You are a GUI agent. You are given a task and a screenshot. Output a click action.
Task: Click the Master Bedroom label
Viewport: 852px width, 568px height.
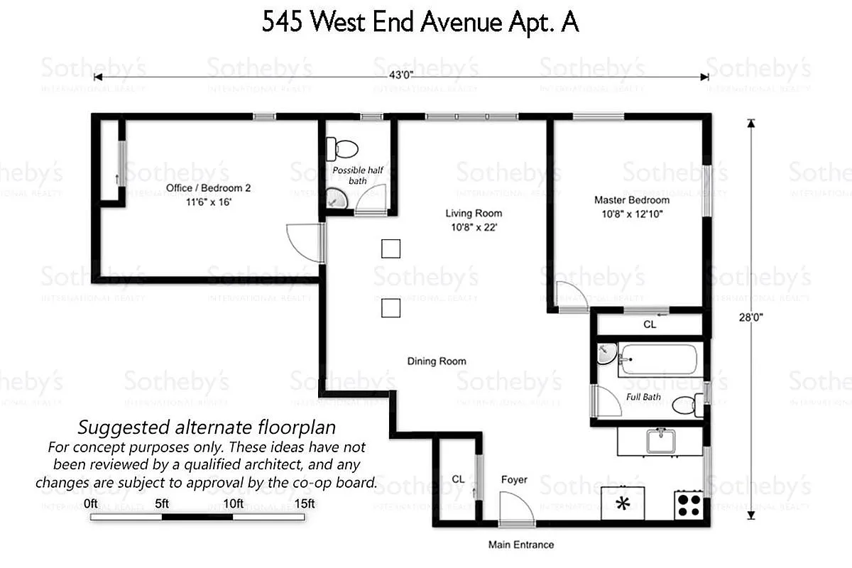coord(631,200)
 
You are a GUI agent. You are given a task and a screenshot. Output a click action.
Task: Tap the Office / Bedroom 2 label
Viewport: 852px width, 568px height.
coord(208,188)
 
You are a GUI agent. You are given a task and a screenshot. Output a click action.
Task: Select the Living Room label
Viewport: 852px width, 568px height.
coord(473,213)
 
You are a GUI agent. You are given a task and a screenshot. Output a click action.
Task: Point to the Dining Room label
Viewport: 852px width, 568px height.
coord(436,361)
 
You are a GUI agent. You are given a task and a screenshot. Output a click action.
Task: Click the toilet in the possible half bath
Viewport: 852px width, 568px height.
coord(342,149)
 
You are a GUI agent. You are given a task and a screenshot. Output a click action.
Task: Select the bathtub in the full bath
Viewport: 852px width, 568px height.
coord(660,360)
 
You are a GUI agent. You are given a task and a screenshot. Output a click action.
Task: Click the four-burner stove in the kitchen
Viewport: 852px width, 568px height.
coord(688,505)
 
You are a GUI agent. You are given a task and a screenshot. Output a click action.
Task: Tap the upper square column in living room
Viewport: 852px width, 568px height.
coord(390,248)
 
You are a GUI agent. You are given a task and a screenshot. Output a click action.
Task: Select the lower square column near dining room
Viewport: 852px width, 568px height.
coord(390,307)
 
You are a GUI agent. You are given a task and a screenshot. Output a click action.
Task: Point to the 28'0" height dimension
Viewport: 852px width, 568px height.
coord(755,319)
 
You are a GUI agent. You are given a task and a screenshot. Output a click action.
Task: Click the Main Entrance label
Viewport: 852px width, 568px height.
coord(520,545)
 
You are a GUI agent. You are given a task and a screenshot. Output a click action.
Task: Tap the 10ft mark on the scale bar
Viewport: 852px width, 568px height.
coord(234,503)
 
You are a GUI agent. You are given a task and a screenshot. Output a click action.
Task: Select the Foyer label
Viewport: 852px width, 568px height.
coord(514,480)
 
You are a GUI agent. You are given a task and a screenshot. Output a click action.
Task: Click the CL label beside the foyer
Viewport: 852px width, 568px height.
coord(458,479)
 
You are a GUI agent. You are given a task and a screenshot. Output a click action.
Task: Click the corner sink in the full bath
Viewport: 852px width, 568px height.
coord(605,353)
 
